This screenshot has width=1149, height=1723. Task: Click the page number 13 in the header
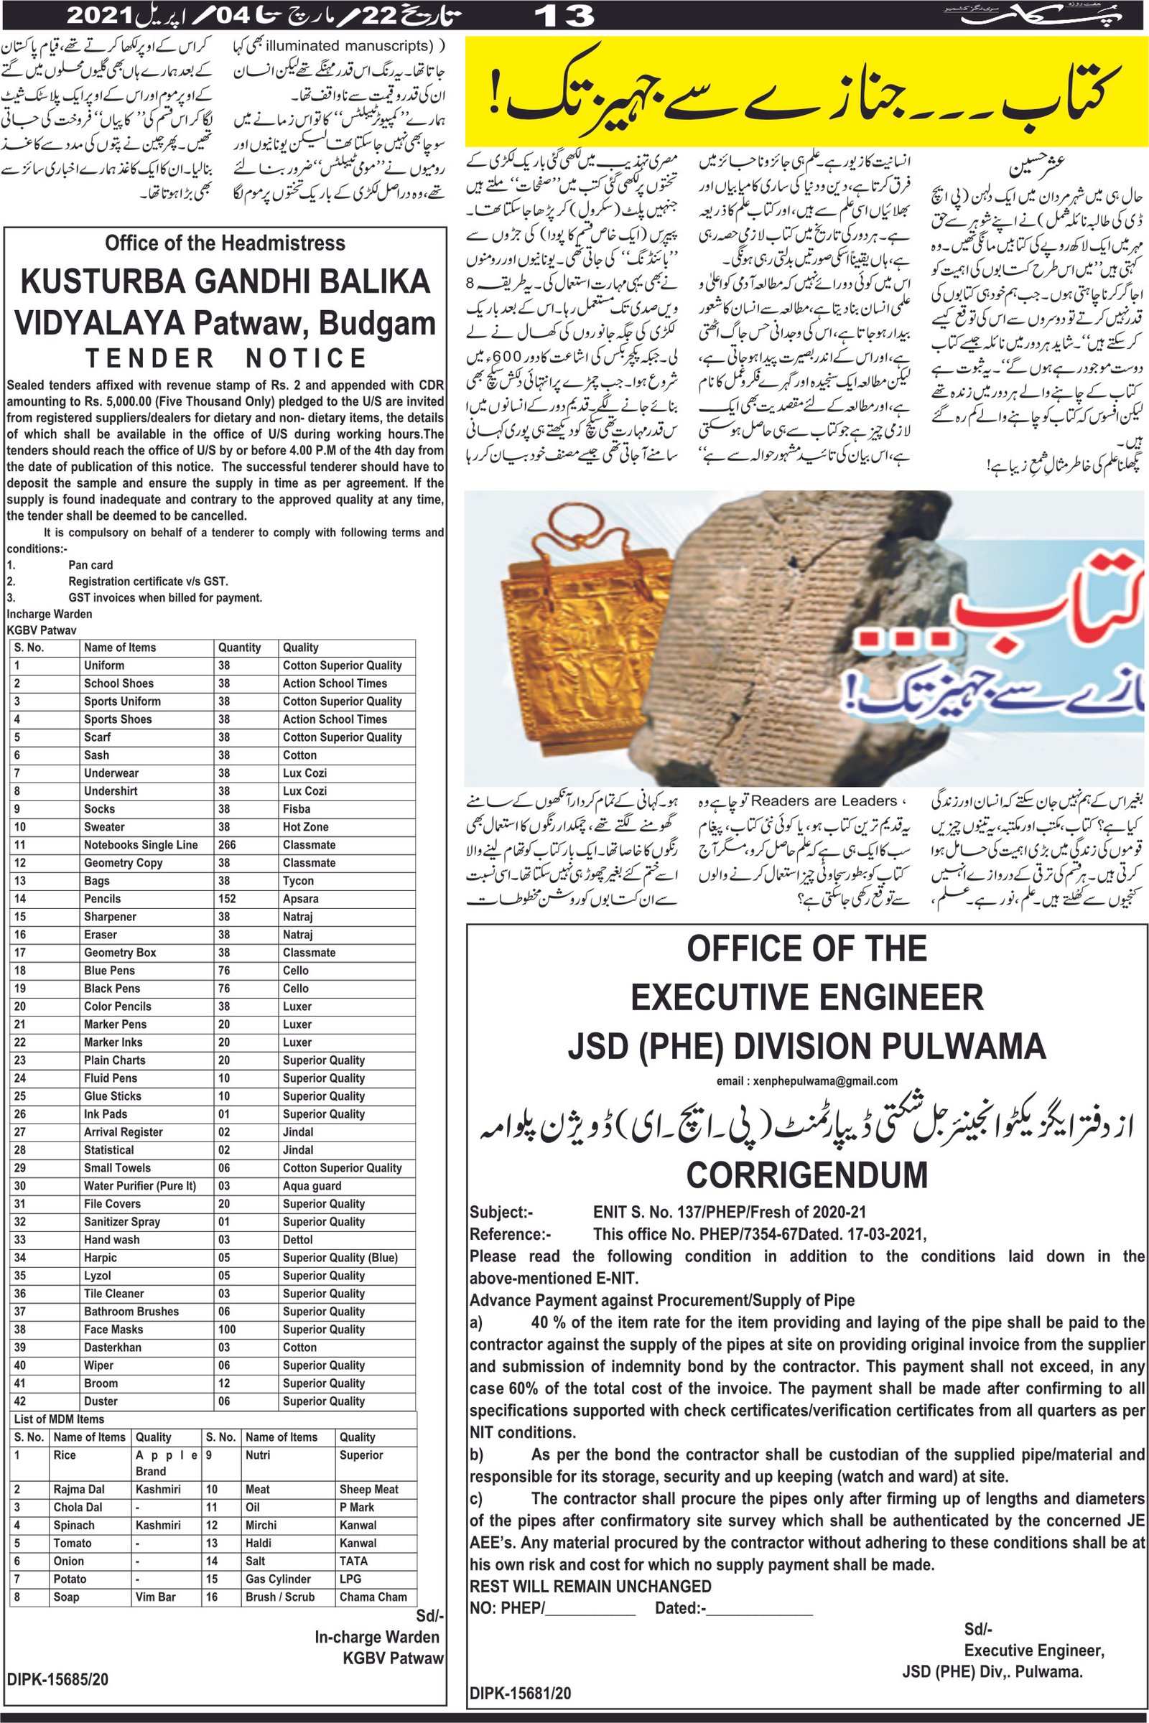(564, 15)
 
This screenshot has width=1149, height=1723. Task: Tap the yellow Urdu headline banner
(806, 93)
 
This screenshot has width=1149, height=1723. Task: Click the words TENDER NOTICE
(225, 358)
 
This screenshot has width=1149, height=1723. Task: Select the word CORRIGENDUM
(806, 1175)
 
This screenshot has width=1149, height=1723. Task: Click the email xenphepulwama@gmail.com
(806, 1080)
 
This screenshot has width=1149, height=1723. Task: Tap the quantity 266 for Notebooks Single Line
(226, 845)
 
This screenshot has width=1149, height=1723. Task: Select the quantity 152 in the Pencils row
(226, 899)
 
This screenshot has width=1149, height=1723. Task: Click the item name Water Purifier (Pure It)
(139, 1186)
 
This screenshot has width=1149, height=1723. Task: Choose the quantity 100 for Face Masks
(227, 1330)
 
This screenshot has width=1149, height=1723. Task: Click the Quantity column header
(239, 648)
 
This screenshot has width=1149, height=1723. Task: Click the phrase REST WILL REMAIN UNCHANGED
(590, 1586)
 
